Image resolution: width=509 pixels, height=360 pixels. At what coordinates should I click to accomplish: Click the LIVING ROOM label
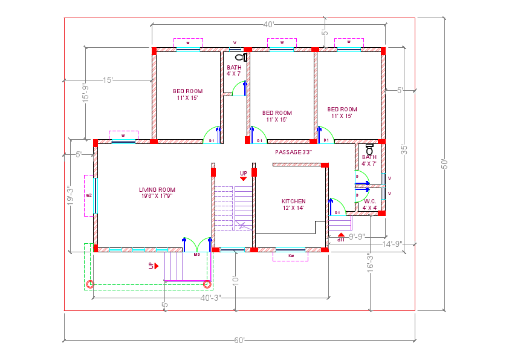(157, 192)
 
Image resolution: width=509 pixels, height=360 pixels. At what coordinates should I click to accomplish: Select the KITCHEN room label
(294, 205)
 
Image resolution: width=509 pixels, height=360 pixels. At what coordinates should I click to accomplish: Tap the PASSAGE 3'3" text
(293, 152)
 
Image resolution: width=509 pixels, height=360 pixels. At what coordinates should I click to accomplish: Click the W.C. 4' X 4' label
(370, 205)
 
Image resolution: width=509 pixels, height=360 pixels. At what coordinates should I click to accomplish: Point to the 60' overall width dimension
(239, 340)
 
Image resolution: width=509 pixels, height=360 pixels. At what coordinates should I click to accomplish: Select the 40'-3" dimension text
(211, 297)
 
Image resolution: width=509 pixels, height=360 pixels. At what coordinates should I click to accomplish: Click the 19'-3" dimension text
(70, 197)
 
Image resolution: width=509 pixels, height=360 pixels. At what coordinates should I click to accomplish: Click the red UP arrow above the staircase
(244, 179)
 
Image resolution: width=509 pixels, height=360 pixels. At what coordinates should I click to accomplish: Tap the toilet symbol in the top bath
(241, 57)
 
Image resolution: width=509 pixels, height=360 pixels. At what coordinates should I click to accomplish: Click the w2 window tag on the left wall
(89, 195)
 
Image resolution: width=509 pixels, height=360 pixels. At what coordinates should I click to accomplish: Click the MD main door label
(196, 254)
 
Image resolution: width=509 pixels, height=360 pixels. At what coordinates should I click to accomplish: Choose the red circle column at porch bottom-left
(90, 283)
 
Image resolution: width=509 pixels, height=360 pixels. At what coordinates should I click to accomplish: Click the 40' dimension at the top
(270, 25)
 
